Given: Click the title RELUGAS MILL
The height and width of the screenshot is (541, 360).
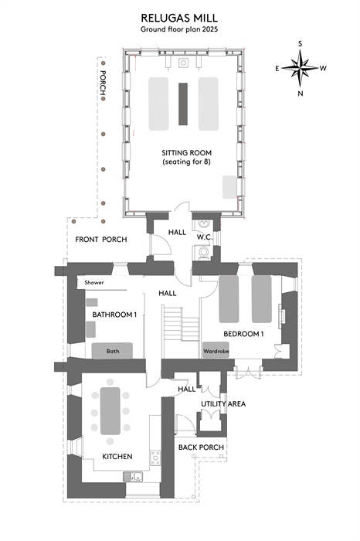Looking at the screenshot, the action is click(x=179, y=18).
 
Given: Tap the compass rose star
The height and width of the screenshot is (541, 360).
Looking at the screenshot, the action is click(x=300, y=68).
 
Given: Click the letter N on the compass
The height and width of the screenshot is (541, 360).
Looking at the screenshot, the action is click(x=301, y=94).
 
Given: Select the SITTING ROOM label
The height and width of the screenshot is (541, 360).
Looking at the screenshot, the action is click(x=186, y=153).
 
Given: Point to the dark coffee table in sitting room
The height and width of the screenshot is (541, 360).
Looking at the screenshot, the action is click(x=183, y=104).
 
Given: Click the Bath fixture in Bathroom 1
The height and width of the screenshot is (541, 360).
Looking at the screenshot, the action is click(x=112, y=351).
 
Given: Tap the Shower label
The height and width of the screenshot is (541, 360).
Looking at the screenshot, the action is click(x=94, y=283).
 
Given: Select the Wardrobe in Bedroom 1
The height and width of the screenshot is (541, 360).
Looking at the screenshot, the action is click(x=216, y=350).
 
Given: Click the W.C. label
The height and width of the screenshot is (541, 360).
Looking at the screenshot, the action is click(x=205, y=237).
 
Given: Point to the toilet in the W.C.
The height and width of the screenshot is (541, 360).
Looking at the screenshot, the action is click(x=204, y=252).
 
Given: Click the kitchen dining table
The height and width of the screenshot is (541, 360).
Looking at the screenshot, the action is click(x=110, y=411).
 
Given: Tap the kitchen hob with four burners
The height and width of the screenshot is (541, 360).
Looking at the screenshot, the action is click(x=155, y=458).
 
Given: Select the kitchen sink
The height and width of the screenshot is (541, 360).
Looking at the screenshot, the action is click(x=133, y=477).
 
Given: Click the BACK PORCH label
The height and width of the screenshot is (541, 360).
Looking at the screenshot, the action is click(x=201, y=447).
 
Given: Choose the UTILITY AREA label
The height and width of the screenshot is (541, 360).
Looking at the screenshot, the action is click(x=223, y=403).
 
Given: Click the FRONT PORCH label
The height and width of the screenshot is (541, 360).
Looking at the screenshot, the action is click(x=101, y=240).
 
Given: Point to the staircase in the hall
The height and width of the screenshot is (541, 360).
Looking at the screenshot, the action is click(x=181, y=322).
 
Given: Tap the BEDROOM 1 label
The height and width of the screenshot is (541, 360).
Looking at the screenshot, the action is click(x=243, y=334).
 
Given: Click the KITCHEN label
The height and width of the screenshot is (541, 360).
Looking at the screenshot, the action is click(x=117, y=457).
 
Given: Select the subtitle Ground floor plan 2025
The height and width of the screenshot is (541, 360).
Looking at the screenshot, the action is click(x=179, y=29).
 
